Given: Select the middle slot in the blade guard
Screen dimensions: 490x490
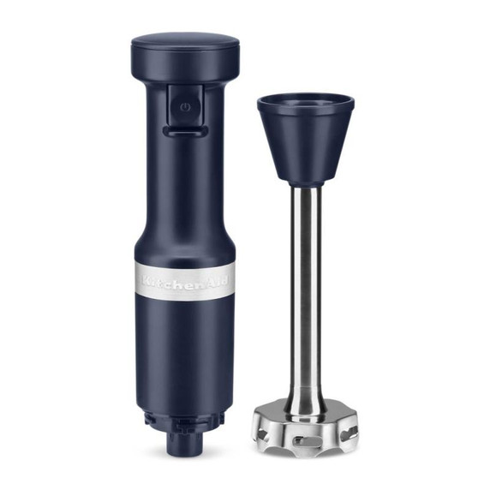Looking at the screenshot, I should click(x=307, y=439).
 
